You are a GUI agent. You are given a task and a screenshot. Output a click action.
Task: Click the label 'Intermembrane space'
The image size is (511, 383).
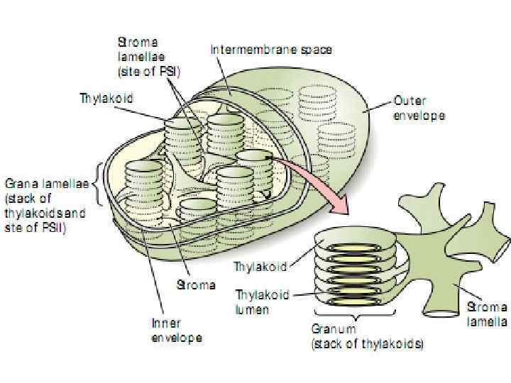271,50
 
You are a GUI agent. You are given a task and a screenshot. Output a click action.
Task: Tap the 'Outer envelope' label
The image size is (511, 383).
419,109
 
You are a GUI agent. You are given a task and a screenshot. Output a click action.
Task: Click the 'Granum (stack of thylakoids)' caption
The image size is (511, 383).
367,338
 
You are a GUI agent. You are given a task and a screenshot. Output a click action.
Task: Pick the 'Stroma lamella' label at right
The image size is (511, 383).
486,315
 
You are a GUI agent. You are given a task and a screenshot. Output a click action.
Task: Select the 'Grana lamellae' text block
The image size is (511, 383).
46,200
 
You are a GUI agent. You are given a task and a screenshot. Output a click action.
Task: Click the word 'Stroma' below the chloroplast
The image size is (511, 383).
195,285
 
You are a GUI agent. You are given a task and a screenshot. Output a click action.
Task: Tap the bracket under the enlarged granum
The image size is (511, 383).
355,316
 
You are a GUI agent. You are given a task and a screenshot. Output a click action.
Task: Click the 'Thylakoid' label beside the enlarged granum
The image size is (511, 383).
260,268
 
